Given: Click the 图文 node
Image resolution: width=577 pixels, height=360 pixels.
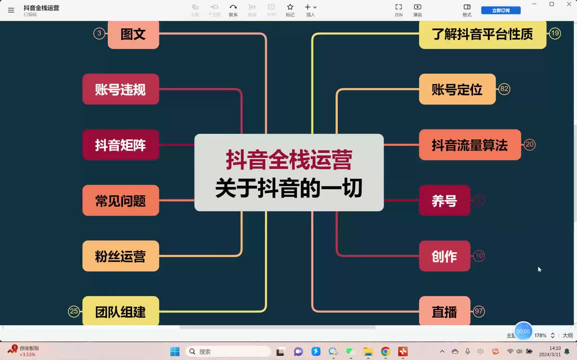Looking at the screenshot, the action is click(x=133, y=34).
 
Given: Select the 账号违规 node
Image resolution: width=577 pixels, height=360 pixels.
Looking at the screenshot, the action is click(x=120, y=89).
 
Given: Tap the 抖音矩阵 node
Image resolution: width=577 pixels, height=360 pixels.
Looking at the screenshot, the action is click(x=120, y=145).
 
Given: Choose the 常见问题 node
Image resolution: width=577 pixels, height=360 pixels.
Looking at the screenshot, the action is click(x=120, y=200).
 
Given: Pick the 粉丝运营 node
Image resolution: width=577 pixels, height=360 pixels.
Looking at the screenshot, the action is click(x=120, y=256).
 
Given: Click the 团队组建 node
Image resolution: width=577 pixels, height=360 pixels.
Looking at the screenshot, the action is click(x=120, y=311).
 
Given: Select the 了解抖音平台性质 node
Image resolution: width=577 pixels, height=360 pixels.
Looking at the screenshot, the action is click(x=482, y=34).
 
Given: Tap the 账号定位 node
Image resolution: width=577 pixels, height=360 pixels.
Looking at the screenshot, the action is click(x=457, y=89).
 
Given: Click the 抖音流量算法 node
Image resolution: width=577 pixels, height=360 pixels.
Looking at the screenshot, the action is click(x=469, y=145).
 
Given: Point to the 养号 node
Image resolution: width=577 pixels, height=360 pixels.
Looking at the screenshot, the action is click(x=444, y=200).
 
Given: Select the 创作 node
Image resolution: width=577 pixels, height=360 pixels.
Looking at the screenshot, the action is click(x=444, y=256).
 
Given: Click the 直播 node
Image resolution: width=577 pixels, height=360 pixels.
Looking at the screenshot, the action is click(x=444, y=311).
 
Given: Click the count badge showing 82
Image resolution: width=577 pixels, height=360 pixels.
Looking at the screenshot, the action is click(x=504, y=89).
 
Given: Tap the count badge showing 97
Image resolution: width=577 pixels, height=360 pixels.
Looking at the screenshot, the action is click(x=479, y=311).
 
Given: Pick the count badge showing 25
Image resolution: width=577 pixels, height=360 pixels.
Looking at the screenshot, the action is click(x=74, y=311).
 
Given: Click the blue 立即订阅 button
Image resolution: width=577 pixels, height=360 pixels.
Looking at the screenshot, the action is click(x=500, y=10).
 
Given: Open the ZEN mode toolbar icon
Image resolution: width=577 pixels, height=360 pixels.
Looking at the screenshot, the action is click(x=398, y=9).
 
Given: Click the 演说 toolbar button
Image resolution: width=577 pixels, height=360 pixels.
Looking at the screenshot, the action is click(x=417, y=9).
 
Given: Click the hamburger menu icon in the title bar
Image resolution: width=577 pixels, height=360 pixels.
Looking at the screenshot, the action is click(x=11, y=10).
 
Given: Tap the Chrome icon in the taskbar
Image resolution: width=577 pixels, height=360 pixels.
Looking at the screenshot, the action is click(x=385, y=351).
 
